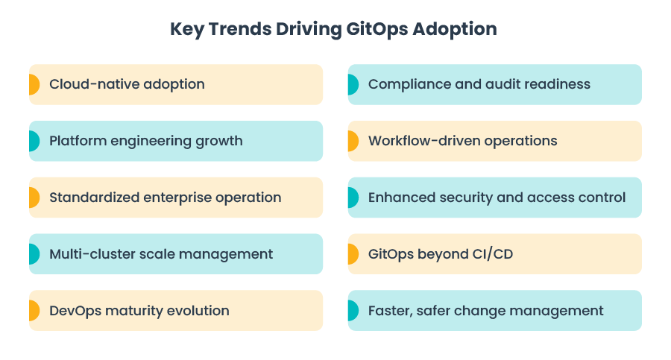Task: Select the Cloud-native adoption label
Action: coord(127,84)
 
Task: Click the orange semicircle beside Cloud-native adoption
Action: coord(34,84)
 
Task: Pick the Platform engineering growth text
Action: coord(145,141)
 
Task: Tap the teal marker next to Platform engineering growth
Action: coord(34,141)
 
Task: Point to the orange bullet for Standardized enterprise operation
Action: coord(34,198)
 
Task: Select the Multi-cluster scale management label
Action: coord(161,254)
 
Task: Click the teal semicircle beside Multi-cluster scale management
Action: coord(34,254)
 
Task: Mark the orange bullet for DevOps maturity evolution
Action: coord(34,311)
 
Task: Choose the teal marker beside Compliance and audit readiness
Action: coord(353,84)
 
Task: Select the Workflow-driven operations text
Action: coord(462,141)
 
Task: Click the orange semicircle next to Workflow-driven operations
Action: coord(353,141)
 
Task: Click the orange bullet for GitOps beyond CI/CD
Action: coord(353,254)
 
